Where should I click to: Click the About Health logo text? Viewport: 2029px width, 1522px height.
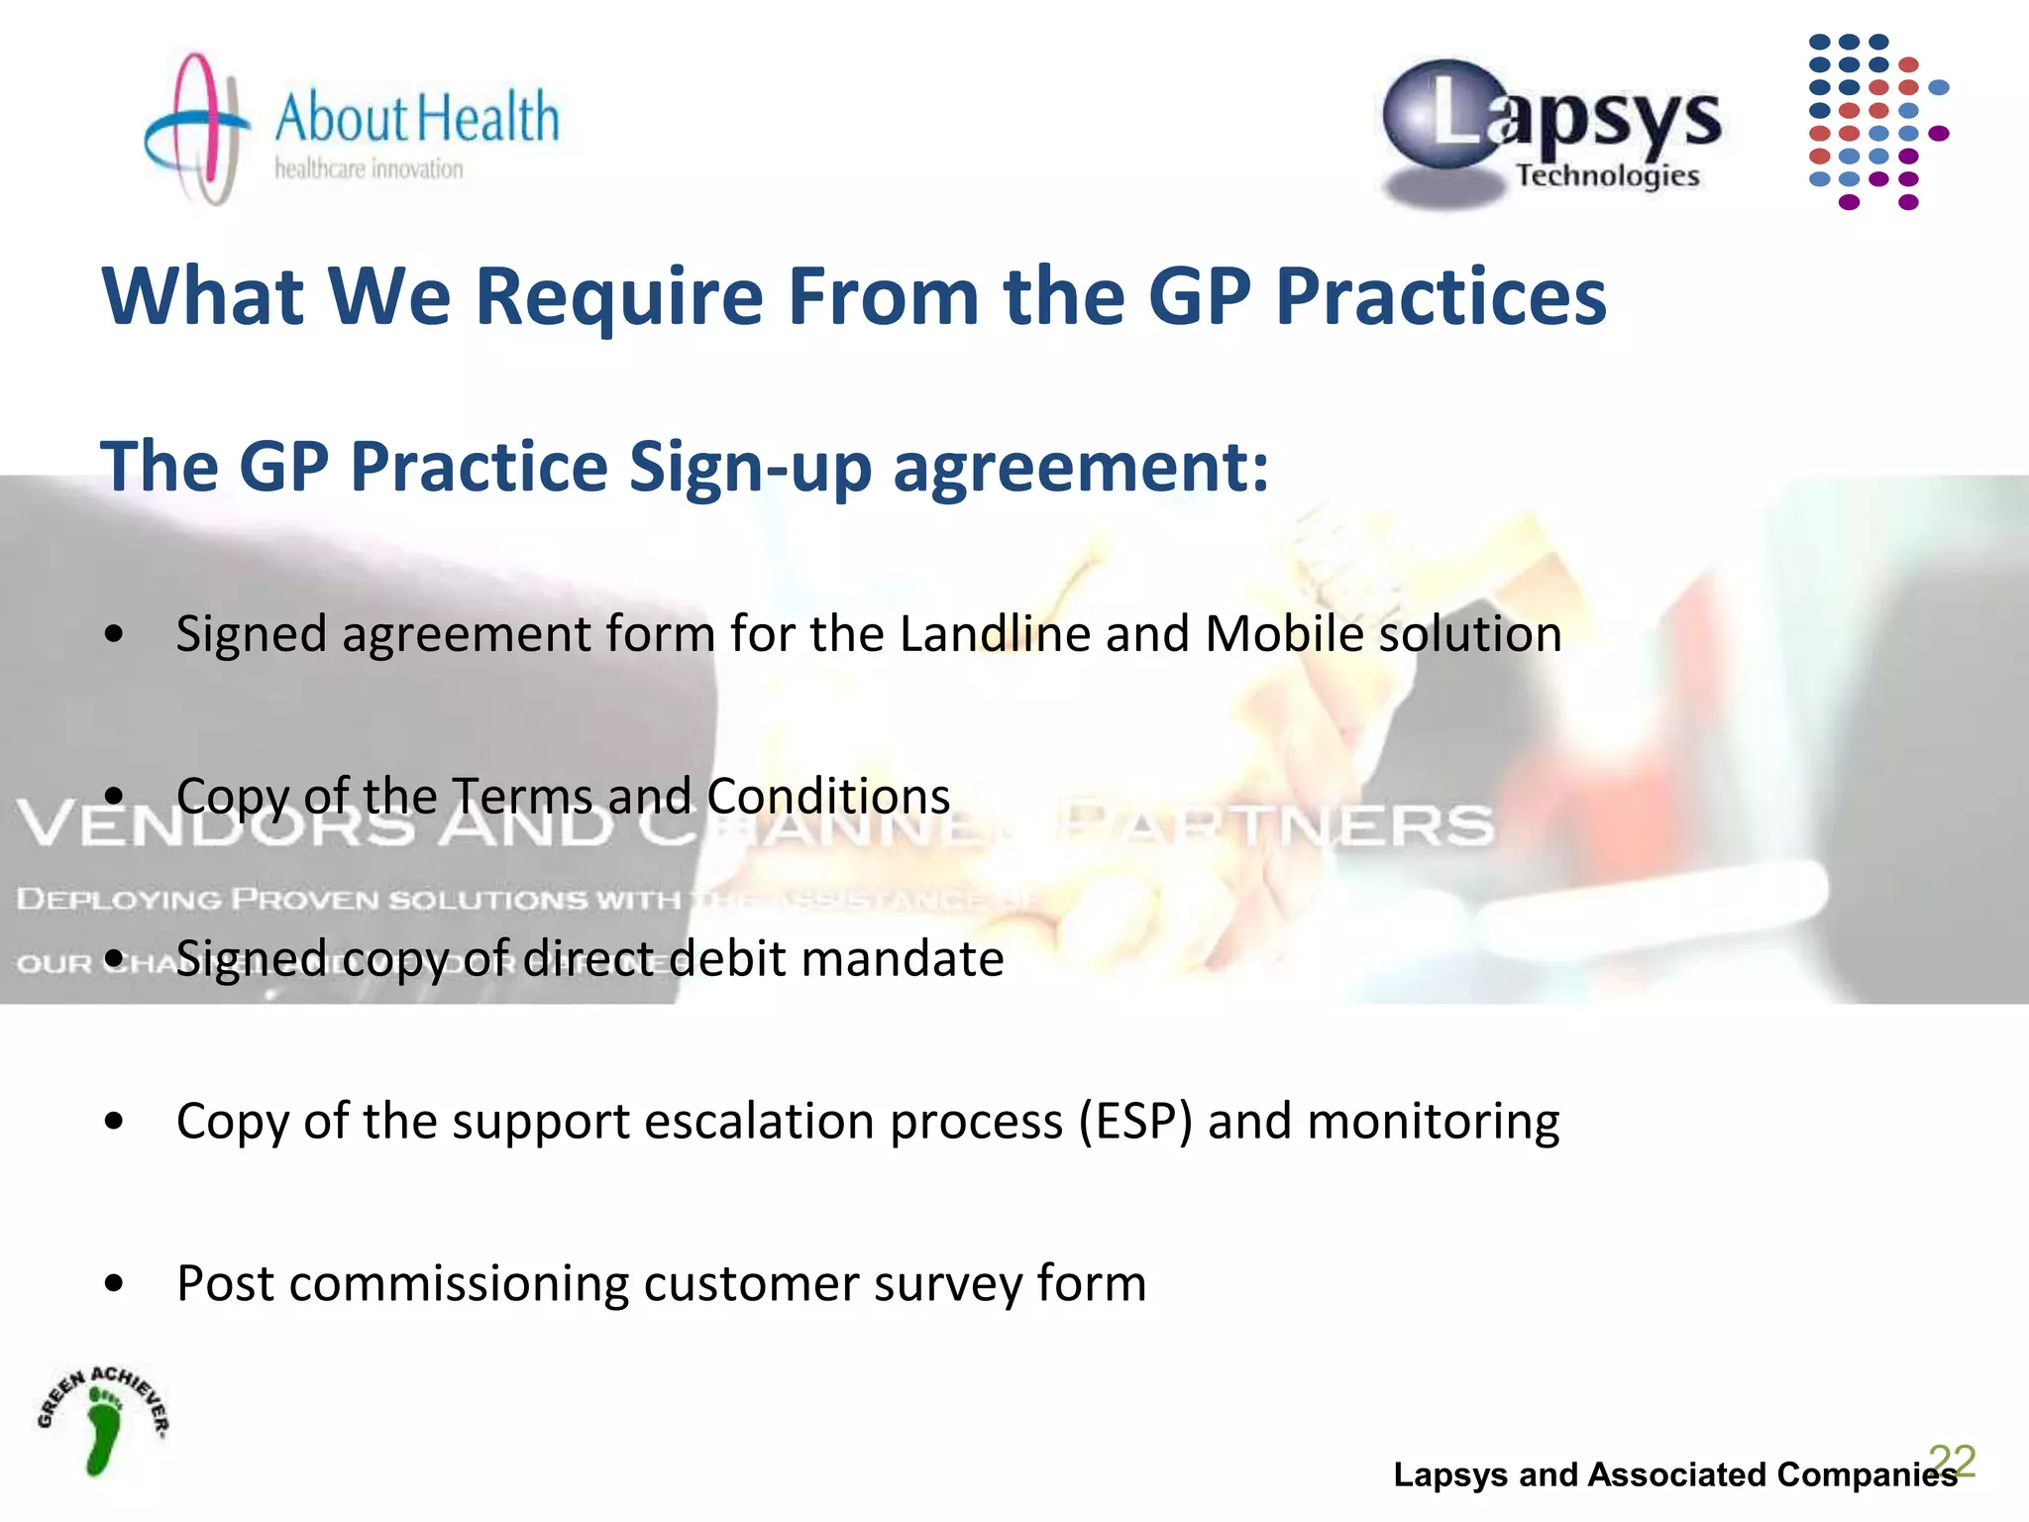coord(416,117)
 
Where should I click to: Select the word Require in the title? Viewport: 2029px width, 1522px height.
coord(619,297)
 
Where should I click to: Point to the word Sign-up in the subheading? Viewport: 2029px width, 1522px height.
coord(749,466)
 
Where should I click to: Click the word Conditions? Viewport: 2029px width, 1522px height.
coord(828,796)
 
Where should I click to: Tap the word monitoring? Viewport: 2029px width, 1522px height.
coord(1433,1122)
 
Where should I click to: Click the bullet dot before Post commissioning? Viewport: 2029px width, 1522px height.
coord(114,1284)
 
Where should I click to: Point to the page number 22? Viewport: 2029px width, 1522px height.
coord(1952,1461)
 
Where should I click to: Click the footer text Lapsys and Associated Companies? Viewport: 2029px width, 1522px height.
coord(1674,1474)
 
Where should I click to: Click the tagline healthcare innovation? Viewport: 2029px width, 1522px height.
coord(369,169)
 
